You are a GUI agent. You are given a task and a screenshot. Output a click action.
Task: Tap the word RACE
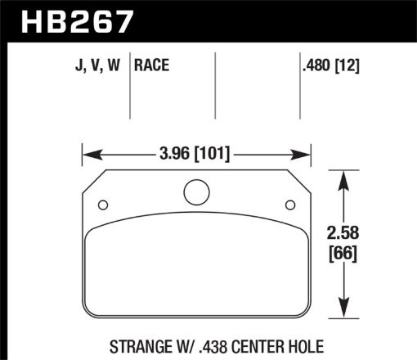152,65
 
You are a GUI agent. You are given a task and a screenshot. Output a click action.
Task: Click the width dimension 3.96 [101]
195,152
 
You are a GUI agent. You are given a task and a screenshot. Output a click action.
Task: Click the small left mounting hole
103,205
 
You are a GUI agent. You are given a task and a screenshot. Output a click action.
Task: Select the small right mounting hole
289,205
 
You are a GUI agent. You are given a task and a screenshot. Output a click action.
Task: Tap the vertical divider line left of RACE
132,86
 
